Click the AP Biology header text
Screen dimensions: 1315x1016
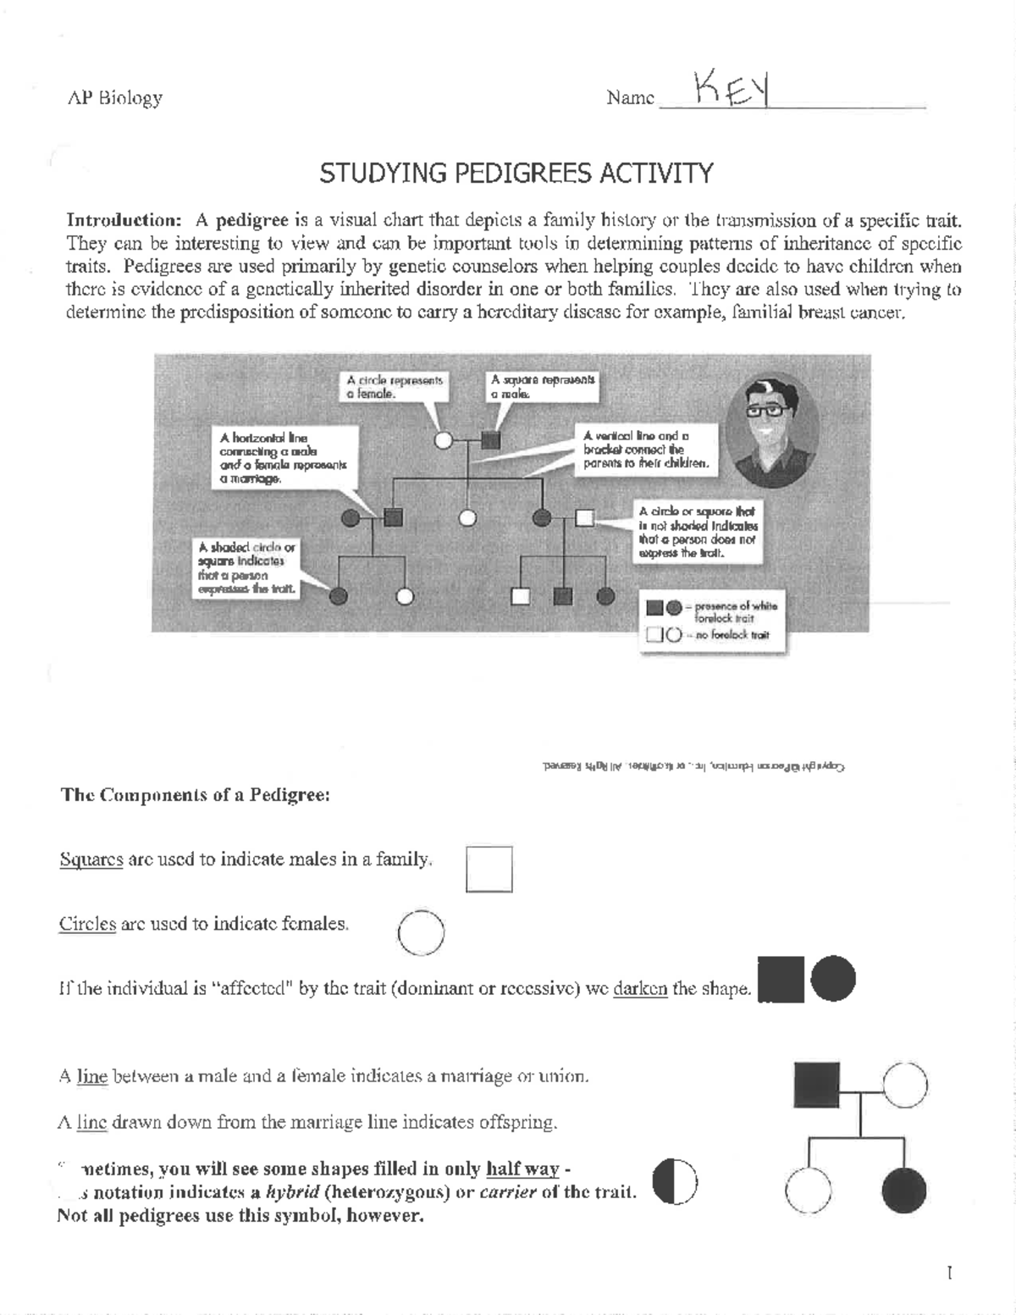point(114,98)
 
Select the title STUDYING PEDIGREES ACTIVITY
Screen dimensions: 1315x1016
point(516,174)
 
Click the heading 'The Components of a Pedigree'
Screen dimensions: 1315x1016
point(194,795)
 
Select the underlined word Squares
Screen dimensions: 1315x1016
point(91,859)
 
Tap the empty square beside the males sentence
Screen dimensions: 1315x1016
point(489,870)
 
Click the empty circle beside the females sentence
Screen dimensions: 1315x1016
point(421,932)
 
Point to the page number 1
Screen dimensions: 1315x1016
point(950,1273)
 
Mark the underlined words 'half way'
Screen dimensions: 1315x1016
point(522,1169)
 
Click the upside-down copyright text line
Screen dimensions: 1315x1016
point(693,766)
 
